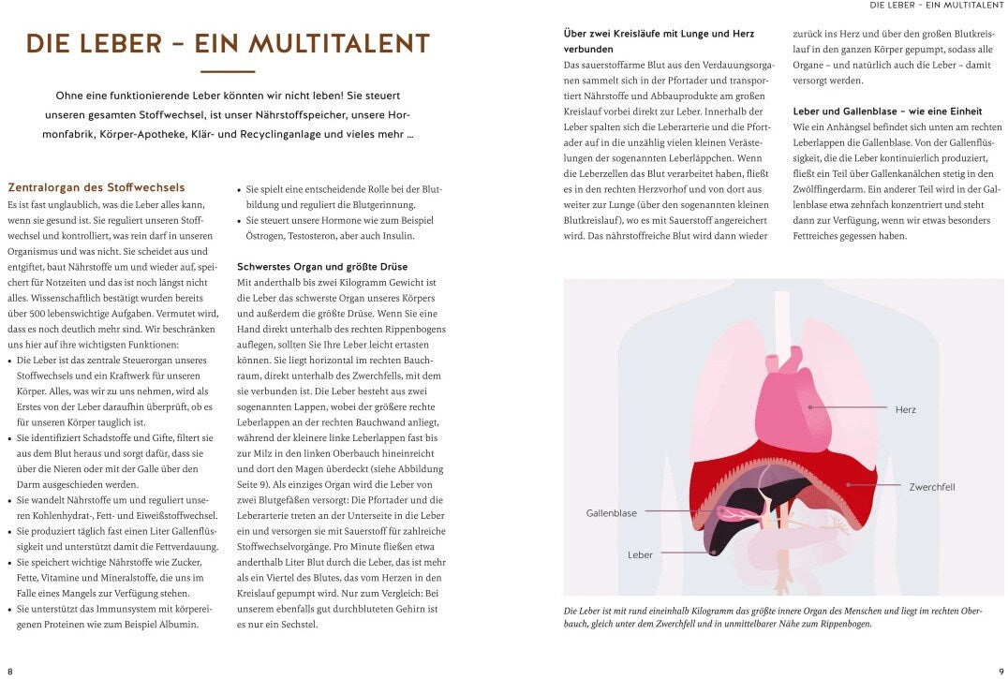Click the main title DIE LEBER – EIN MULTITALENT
(228, 44)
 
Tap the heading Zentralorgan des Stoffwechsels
(96, 187)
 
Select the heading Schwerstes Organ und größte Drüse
(323, 266)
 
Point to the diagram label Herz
(905, 410)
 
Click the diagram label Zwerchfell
(931, 487)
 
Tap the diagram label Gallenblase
(611, 513)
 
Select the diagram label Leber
(640, 555)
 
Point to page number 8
(10, 671)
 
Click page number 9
(999, 671)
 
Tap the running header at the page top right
(936, 6)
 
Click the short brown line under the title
(228, 71)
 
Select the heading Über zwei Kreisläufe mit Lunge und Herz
(659, 41)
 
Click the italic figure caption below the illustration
(773, 616)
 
